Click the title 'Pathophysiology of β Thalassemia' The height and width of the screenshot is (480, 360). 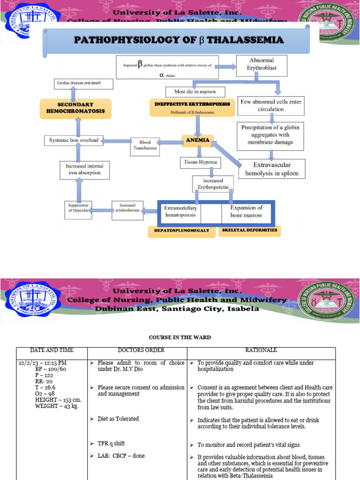(x=179, y=40)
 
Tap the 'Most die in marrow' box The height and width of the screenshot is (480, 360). (x=195, y=92)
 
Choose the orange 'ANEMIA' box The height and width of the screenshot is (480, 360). (x=197, y=140)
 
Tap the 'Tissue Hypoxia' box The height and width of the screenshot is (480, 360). (x=199, y=162)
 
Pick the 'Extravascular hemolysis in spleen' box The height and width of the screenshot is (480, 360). (x=272, y=169)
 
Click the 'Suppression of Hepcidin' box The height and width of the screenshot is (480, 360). (x=78, y=208)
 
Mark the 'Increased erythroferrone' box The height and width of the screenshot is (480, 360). (x=127, y=208)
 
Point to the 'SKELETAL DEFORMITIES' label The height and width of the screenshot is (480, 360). (x=249, y=230)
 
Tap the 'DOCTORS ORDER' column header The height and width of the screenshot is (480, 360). (x=137, y=350)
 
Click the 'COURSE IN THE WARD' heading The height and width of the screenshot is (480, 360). (x=180, y=337)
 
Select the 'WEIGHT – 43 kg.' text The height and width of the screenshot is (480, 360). (x=57, y=406)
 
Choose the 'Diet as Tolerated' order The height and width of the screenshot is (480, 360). (x=118, y=419)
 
